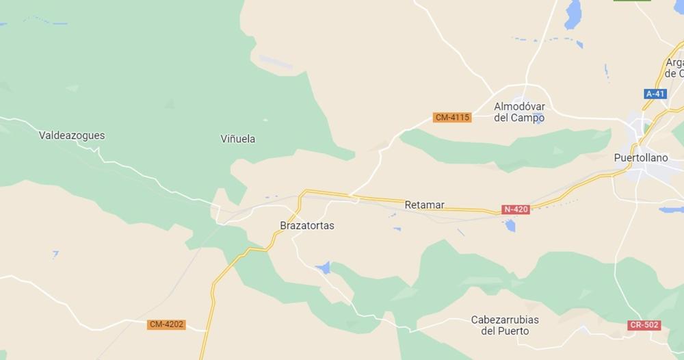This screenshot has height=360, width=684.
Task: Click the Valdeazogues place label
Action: tap(72, 136)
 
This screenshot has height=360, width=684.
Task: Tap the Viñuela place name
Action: tap(239, 139)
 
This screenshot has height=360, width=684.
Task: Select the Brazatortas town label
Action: tap(307, 225)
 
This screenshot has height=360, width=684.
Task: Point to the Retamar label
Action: tap(424, 205)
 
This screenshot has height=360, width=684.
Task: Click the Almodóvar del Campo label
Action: tap(519, 112)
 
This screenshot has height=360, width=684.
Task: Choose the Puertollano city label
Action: tap(640, 157)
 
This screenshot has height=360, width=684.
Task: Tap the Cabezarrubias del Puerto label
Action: tap(505, 325)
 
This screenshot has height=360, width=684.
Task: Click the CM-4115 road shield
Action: tap(452, 117)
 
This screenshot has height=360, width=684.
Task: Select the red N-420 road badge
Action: tap(515, 209)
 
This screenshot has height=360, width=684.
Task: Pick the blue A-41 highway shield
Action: tap(655, 94)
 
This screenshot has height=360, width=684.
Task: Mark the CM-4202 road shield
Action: tap(166, 324)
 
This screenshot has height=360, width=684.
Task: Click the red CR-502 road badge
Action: tap(644, 325)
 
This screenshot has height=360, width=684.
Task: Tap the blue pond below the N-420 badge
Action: tap(510, 225)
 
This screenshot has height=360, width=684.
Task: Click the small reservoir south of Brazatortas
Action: tap(323, 267)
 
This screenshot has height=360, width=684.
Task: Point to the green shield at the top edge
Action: tap(632, 1)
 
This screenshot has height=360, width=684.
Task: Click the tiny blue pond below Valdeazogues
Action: tap(55, 255)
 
